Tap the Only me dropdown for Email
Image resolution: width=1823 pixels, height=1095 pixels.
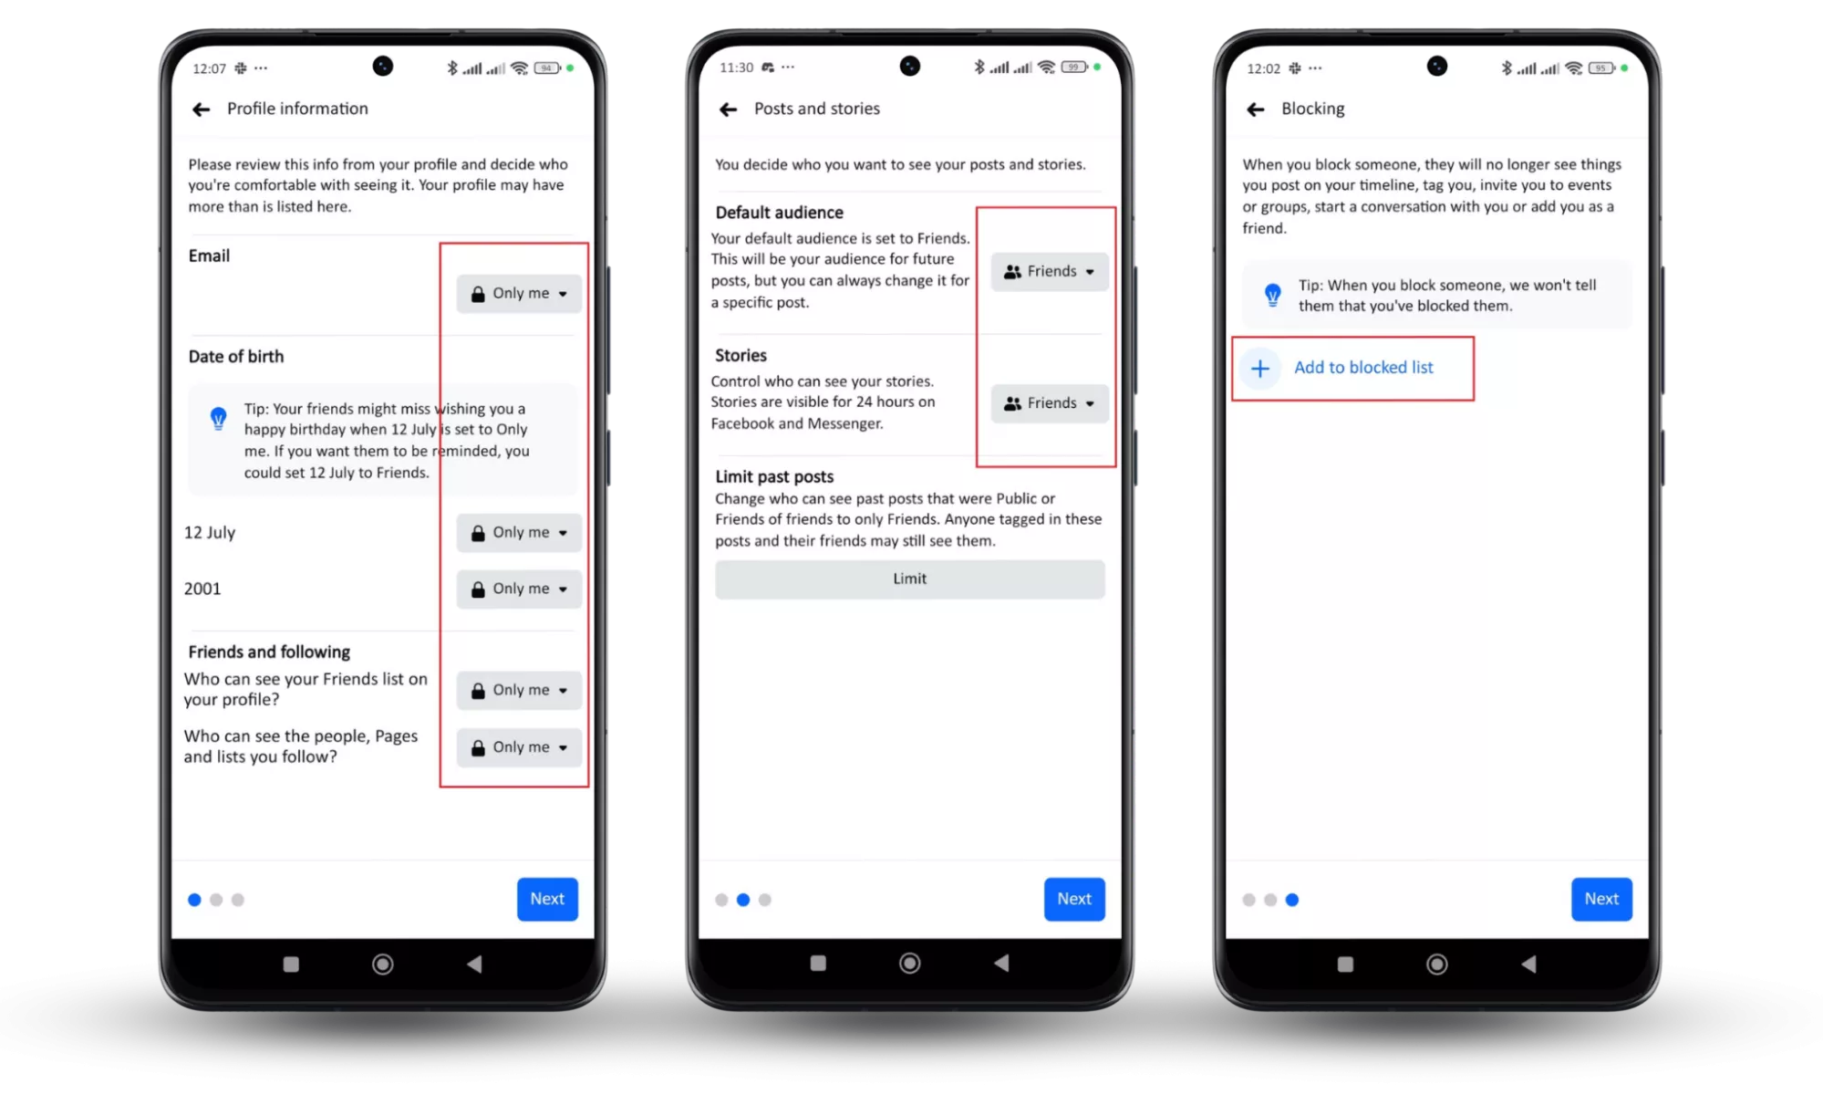[x=519, y=294]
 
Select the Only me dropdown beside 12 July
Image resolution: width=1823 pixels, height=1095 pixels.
[x=519, y=533]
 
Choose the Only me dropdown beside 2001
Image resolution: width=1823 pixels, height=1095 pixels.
[x=519, y=589]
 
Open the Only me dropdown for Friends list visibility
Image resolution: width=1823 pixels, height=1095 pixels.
[x=519, y=691]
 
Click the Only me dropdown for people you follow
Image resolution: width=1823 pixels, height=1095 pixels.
[x=519, y=747]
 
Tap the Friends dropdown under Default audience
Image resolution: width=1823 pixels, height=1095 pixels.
[x=1050, y=272]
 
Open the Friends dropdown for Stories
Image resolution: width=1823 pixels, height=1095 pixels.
[x=1050, y=403]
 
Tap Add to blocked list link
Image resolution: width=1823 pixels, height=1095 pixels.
[x=1363, y=368]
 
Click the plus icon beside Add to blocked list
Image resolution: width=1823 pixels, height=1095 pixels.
[x=1260, y=369]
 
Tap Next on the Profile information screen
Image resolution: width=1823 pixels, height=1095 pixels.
[x=547, y=899]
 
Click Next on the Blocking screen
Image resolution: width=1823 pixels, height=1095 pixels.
[x=1601, y=899]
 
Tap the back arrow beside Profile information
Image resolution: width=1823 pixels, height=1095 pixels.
[x=202, y=109]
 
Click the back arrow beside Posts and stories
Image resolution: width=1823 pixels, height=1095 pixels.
[x=728, y=109]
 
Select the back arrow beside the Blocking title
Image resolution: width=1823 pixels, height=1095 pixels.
[x=1256, y=109]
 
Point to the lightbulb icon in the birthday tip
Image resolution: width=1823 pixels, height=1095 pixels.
[x=219, y=419]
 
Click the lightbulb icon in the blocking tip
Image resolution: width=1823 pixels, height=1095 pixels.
[x=1273, y=295]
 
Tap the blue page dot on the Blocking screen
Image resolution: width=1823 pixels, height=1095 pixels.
[x=1292, y=900]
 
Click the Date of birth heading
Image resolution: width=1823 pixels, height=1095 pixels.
[x=236, y=357]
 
